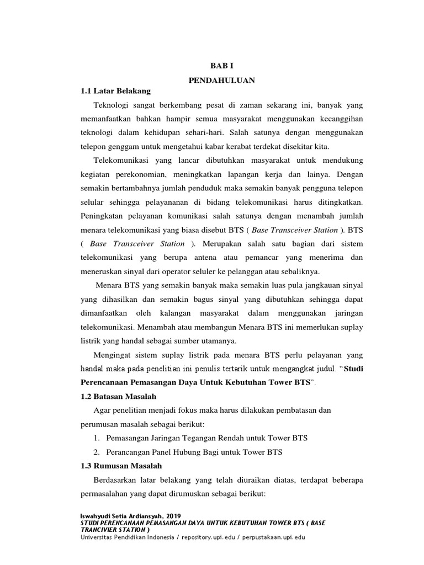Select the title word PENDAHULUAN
pos(221,80)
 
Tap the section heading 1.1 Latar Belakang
pos(115,91)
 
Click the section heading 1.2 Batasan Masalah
pos(118,396)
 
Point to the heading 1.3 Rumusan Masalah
pos(121,466)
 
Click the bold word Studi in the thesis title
pos(353,369)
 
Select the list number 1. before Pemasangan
pos(96,438)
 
